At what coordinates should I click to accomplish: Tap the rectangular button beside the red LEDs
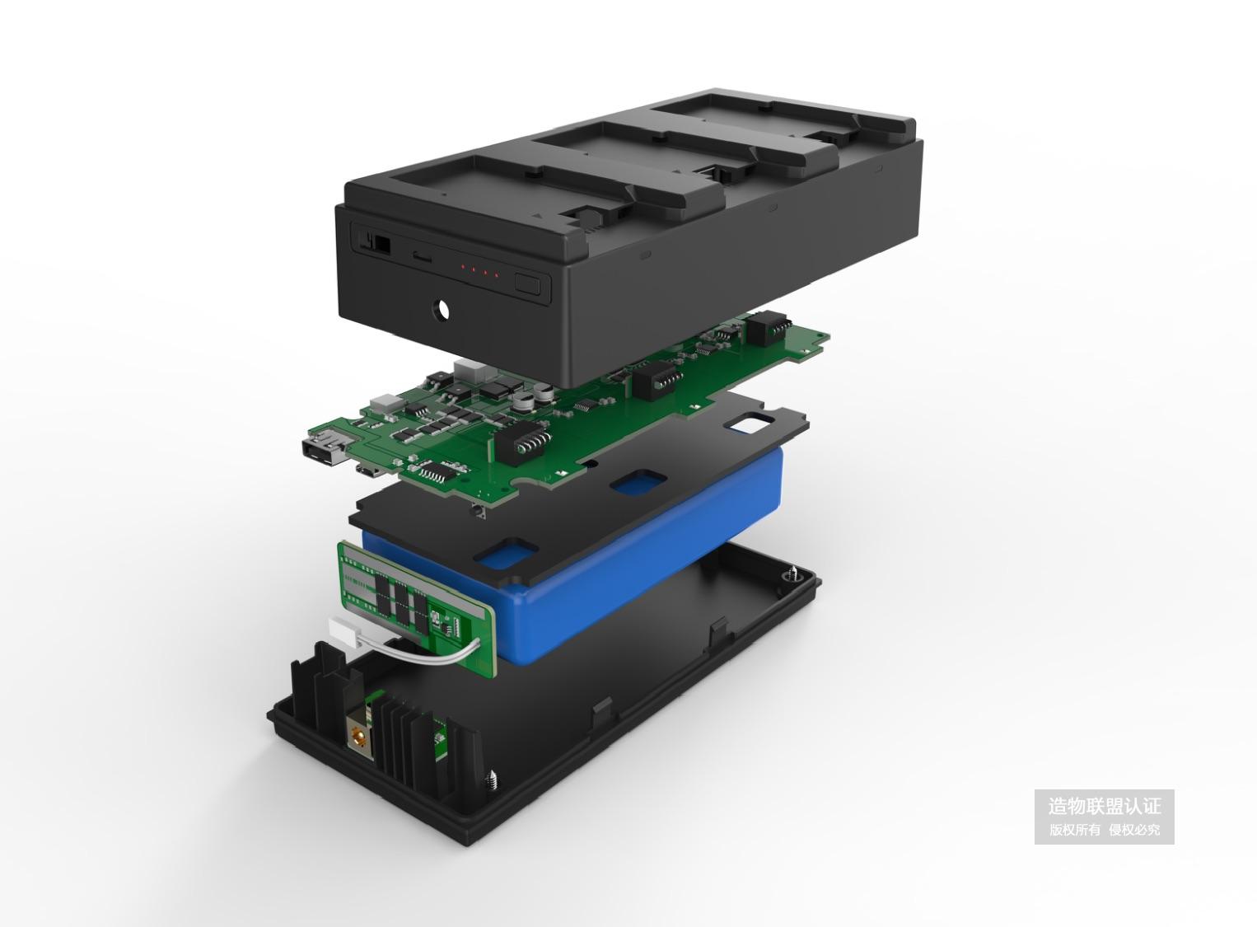point(527,283)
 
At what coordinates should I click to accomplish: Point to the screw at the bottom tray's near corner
point(493,778)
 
